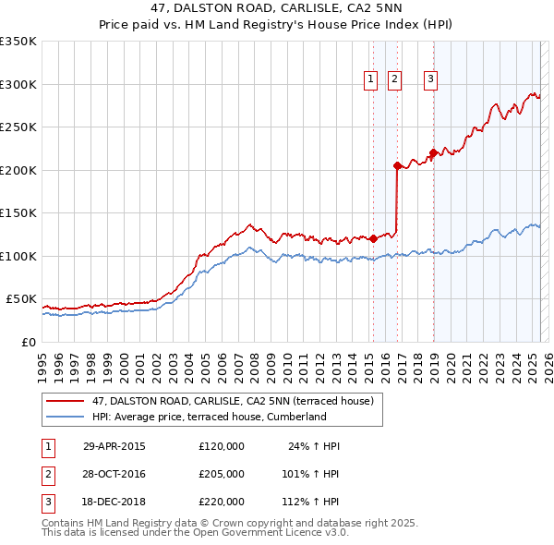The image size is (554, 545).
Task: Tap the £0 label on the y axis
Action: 29,342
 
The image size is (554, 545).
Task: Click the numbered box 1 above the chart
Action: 370,80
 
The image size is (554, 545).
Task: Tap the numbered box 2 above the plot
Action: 394,80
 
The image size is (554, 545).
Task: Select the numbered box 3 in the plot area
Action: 430,80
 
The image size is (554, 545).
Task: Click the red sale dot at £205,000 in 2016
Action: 397,166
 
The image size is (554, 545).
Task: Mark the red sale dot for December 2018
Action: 433,153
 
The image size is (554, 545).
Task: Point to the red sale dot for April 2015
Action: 373,238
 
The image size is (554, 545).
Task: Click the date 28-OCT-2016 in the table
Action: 114,475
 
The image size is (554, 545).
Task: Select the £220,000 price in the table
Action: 222,503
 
